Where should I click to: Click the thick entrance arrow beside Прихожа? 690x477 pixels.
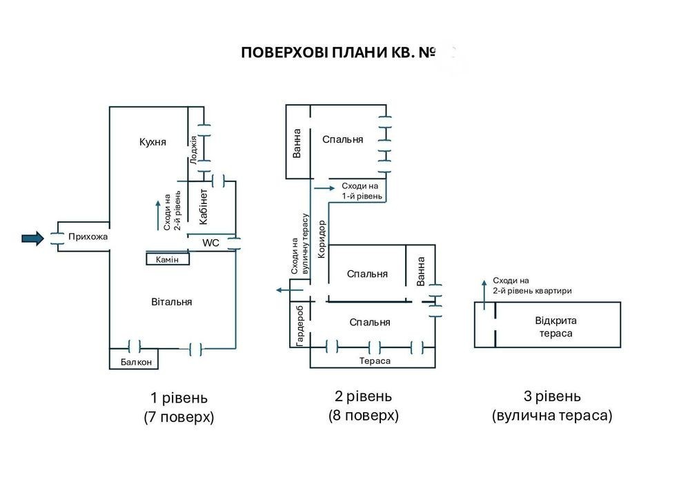(x=33, y=238)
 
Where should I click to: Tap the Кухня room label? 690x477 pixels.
(x=152, y=142)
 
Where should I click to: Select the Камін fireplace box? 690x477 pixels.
(x=168, y=259)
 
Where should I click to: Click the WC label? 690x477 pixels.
(x=210, y=243)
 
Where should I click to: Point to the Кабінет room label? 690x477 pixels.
(x=204, y=207)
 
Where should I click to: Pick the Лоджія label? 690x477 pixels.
(x=194, y=150)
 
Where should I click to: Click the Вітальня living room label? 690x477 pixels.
(x=172, y=302)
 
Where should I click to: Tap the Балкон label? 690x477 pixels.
(x=136, y=363)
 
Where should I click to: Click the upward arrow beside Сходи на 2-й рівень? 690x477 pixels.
(x=157, y=216)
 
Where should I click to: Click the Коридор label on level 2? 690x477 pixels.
(x=322, y=238)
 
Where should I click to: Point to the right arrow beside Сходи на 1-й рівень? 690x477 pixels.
(x=325, y=188)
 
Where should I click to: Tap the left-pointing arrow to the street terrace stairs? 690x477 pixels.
(x=290, y=290)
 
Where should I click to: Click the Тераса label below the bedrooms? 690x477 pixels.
(x=375, y=361)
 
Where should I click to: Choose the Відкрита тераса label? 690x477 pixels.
(x=555, y=327)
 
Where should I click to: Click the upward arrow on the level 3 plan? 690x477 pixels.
(x=484, y=294)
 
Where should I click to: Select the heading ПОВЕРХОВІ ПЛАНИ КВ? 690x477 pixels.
(x=338, y=53)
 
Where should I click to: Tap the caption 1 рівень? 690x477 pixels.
(x=179, y=398)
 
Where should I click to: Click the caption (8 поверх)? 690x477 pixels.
(x=364, y=416)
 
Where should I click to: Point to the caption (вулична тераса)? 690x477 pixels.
(x=552, y=416)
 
